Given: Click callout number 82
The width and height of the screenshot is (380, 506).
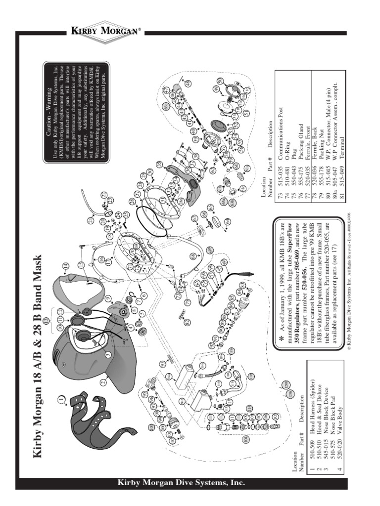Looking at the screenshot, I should [187, 322].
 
